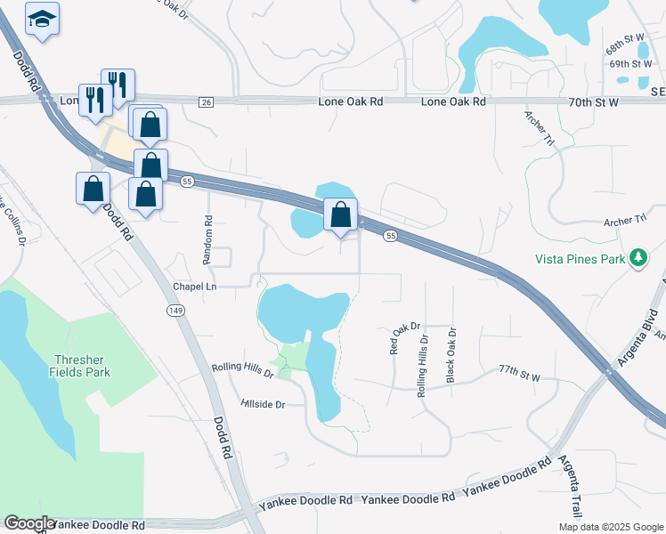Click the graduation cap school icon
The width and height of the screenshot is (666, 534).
[42, 19]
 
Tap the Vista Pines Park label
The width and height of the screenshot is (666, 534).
[580, 259]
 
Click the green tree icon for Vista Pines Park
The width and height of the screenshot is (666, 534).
[638, 259]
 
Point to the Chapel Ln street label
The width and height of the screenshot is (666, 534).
[195, 287]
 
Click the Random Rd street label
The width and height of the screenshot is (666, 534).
[208, 239]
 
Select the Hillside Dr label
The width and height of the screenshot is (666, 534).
[263, 404]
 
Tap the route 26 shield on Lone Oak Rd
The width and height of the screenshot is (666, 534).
[207, 102]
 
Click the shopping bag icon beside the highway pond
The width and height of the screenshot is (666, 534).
[340, 214]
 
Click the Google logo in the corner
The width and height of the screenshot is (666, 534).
[28, 523]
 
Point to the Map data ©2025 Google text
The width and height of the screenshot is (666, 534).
[610, 527]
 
